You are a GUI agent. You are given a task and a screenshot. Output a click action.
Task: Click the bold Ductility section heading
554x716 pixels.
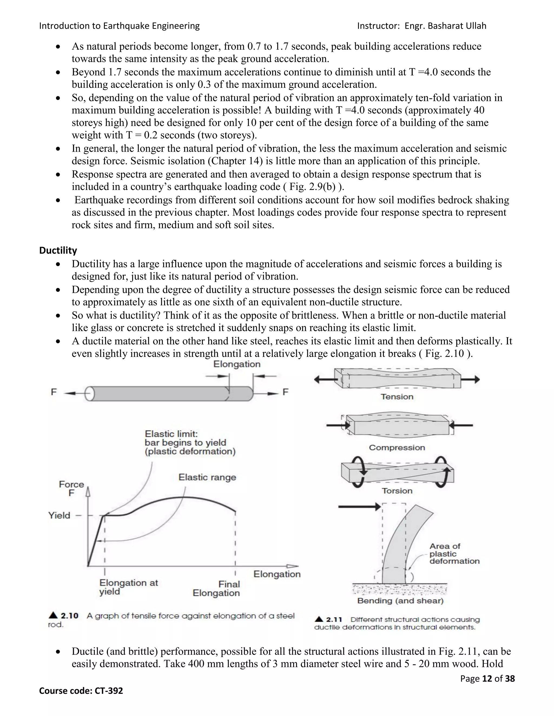[58, 250]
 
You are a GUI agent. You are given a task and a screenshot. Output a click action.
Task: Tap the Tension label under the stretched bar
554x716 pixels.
[397, 397]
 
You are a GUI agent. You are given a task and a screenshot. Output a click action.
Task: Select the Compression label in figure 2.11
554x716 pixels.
[397, 447]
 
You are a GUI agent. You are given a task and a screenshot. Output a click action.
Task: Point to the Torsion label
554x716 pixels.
[397, 491]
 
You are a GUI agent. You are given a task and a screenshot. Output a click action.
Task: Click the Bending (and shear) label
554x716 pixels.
[400, 601]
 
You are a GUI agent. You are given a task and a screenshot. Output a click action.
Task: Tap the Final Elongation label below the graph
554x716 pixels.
[216, 588]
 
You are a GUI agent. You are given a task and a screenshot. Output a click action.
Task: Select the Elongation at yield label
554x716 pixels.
[128, 587]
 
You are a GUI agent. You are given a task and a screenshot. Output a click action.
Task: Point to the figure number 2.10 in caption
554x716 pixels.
[69, 616]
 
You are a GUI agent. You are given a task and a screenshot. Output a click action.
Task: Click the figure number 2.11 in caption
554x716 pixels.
[334, 620]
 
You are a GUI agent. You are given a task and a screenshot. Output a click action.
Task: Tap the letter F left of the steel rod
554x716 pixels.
[54, 392]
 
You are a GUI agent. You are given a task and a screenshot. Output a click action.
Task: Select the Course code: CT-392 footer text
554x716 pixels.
[81, 691]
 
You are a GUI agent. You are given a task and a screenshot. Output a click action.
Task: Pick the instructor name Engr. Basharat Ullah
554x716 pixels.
[445, 26]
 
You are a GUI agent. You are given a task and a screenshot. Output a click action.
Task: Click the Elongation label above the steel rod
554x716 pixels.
[237, 364]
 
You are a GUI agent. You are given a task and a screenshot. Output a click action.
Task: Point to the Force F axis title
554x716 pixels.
[71, 489]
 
